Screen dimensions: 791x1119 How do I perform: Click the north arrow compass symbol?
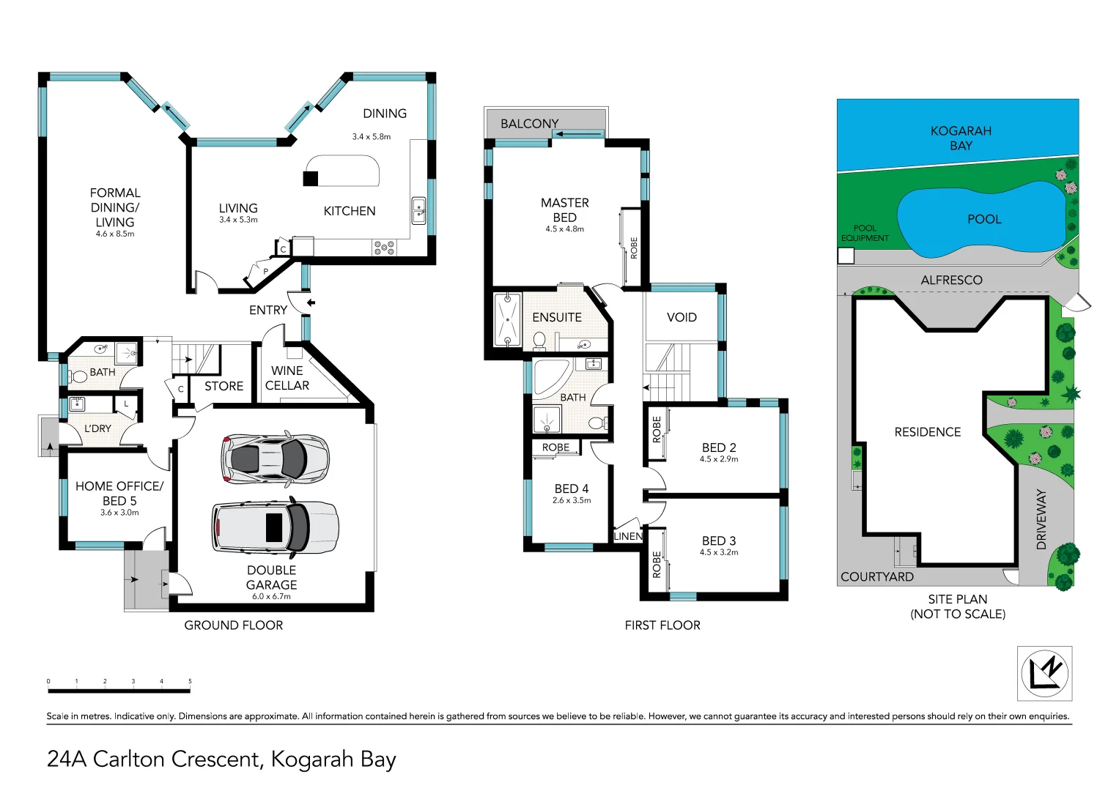(1044, 673)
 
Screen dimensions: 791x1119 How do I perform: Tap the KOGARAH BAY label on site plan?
(960, 138)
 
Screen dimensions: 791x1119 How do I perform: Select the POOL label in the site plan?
(983, 219)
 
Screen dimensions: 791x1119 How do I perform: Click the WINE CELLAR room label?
(287, 378)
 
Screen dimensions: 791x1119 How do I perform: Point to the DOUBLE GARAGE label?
(271, 577)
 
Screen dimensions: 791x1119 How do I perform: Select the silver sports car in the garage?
(275, 459)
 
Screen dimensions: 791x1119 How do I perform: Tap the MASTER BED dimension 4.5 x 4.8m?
(564, 229)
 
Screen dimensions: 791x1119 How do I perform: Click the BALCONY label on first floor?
(529, 124)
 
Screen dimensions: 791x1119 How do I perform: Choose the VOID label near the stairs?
(682, 317)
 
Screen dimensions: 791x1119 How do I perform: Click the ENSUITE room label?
(557, 317)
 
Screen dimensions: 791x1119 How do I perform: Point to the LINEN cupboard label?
(628, 536)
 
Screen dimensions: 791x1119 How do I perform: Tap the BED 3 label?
(718, 541)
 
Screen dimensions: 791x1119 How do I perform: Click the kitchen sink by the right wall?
(418, 211)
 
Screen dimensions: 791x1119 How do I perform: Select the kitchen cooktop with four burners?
(384, 248)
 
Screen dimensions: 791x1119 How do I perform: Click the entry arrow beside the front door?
(311, 302)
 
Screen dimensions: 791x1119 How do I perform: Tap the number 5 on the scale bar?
(190, 681)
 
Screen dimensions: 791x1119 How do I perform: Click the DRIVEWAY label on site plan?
(1041, 519)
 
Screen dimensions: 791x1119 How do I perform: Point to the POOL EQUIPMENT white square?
(846, 256)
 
